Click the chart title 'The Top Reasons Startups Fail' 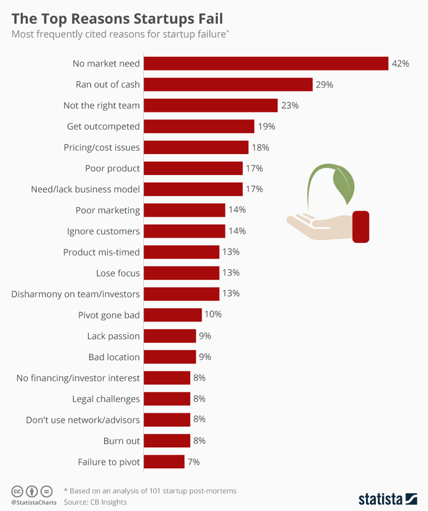(x=118, y=18)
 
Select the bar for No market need (x=266, y=64)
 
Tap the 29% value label (x=324, y=85)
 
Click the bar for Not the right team (x=211, y=105)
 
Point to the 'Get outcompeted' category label (x=103, y=126)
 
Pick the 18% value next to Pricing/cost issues (x=260, y=147)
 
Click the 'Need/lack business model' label (x=85, y=189)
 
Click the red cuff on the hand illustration (x=361, y=227)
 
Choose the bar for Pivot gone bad (x=172, y=315)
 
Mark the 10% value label (x=213, y=315)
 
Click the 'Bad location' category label (x=114, y=357)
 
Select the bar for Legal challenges (x=167, y=398)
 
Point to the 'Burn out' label (x=121, y=441)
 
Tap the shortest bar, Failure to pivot (x=164, y=461)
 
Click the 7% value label (x=193, y=461)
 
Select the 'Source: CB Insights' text (x=95, y=502)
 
